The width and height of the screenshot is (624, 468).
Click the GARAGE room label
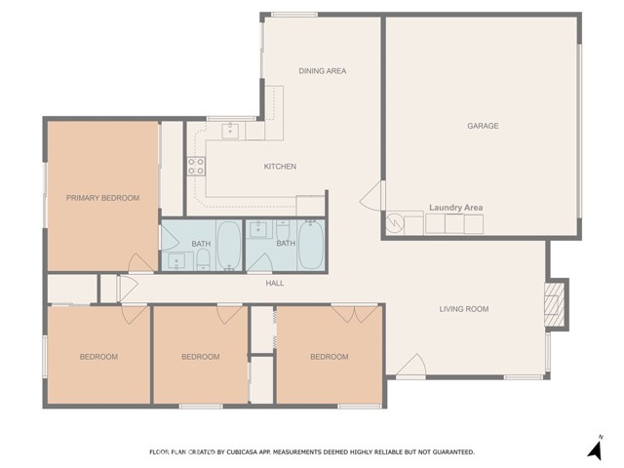(x=483, y=126)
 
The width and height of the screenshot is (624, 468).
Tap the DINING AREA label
(x=323, y=71)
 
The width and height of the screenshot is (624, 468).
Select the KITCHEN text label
(x=280, y=167)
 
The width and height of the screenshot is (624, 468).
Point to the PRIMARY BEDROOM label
(x=102, y=198)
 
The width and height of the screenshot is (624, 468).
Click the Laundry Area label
(x=456, y=208)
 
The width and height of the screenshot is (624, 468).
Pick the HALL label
(x=275, y=284)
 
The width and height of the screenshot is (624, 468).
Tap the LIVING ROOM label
(x=464, y=309)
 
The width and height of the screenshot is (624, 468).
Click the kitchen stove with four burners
(x=196, y=166)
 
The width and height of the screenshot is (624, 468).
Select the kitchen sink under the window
(x=230, y=131)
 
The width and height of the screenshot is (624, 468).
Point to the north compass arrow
(x=596, y=449)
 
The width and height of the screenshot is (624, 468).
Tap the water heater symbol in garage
(x=395, y=222)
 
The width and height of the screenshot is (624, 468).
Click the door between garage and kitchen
(x=372, y=196)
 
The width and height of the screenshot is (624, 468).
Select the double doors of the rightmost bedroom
(x=355, y=313)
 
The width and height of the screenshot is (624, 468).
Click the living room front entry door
(x=411, y=365)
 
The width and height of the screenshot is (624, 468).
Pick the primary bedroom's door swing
(x=140, y=262)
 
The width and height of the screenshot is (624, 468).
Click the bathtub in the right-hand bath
(x=311, y=245)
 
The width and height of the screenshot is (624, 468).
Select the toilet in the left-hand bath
(x=204, y=260)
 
